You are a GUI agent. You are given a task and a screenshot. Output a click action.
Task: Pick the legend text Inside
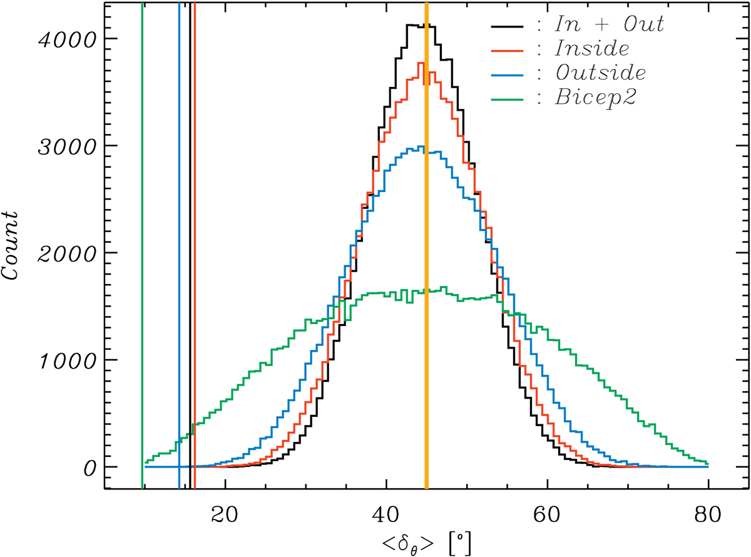pos(591,49)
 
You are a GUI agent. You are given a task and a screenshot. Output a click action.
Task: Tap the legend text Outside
pos(600,73)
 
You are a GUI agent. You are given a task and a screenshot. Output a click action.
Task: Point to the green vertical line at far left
pos(143,250)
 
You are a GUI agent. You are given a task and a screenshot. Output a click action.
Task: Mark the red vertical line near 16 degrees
pos(195,250)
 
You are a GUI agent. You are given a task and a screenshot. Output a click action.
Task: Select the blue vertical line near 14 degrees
pos(179,250)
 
